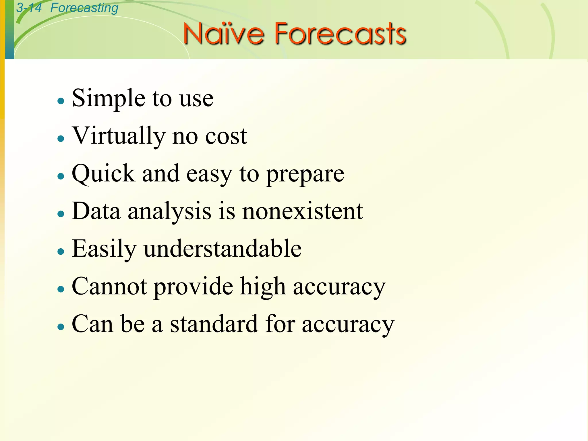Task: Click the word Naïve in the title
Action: (x=223, y=34)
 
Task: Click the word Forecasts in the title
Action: (x=340, y=34)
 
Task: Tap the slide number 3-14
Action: (x=29, y=8)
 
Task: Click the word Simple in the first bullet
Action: (x=108, y=99)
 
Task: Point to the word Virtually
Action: (x=119, y=136)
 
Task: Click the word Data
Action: (x=96, y=211)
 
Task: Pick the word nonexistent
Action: (x=303, y=211)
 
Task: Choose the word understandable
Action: (x=223, y=249)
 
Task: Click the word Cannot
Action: (x=109, y=286)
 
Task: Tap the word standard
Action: (x=214, y=324)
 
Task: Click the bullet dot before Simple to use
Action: (x=61, y=101)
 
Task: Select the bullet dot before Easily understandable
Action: (x=61, y=252)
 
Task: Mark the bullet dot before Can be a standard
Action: (x=61, y=327)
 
